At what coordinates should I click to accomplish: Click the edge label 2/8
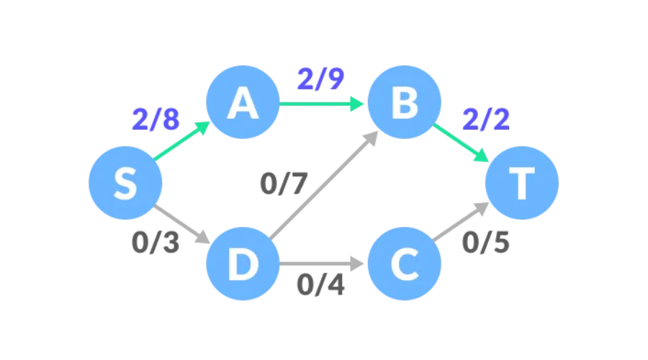coord(155,120)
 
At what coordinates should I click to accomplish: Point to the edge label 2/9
coord(320,79)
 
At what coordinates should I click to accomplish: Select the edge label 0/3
coord(155,243)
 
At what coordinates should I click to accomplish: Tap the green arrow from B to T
coord(461,143)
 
